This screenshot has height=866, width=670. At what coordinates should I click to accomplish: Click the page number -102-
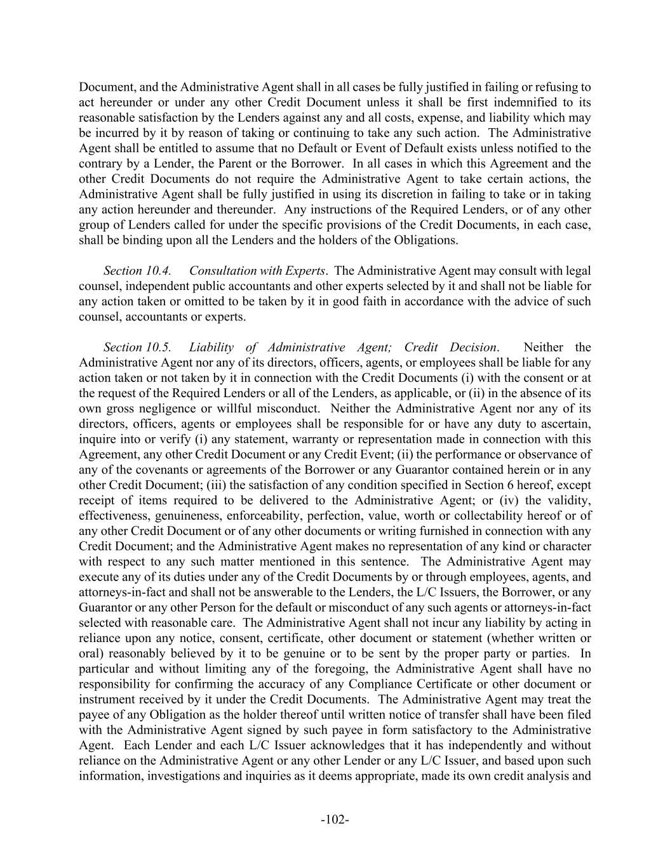click(335, 820)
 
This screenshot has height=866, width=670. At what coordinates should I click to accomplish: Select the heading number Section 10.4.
click(137, 271)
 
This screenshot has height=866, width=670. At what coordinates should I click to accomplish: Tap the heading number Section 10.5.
click(137, 347)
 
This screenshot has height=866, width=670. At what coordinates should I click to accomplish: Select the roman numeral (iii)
click(216, 485)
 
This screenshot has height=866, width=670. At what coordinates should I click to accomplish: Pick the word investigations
click(179, 776)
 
